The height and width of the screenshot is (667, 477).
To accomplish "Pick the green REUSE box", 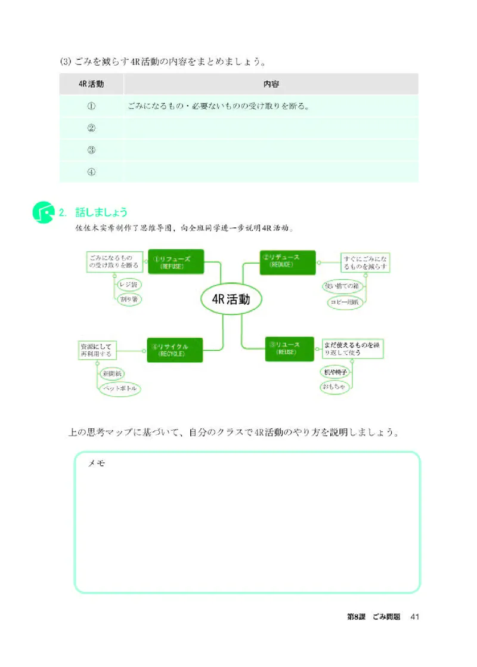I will pyautogui.click(x=289, y=348).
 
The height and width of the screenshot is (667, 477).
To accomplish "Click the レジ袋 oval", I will pyautogui.click(x=128, y=285).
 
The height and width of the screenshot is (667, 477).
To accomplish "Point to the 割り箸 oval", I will pyautogui.click(x=129, y=299).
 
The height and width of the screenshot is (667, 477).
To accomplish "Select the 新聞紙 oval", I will pyautogui.click(x=111, y=374).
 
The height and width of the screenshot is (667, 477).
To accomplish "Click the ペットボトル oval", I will pyautogui.click(x=120, y=389).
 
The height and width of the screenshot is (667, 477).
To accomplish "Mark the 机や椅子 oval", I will pyautogui.click(x=335, y=372).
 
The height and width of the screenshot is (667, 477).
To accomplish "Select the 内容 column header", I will pyautogui.click(x=271, y=84).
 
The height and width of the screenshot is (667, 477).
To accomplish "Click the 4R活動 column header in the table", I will pyautogui.click(x=91, y=84).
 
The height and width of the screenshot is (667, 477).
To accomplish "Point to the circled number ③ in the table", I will pyautogui.click(x=91, y=150).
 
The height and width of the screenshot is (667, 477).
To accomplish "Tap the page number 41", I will pyautogui.click(x=416, y=617).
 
